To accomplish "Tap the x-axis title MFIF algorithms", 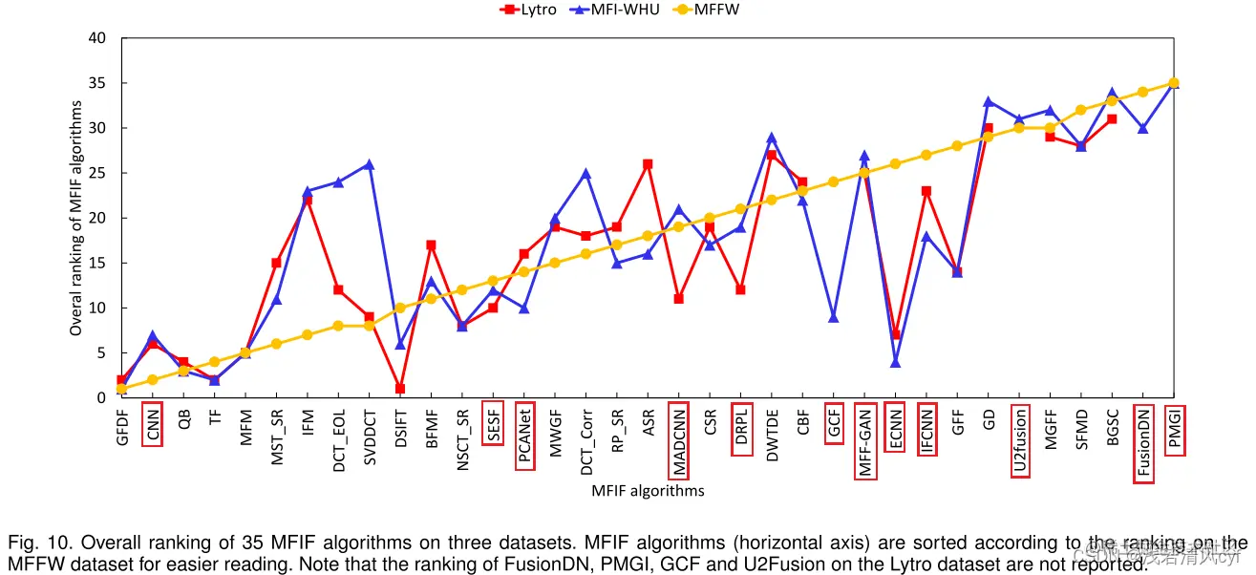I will coord(648,491).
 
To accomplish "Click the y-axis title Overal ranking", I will coord(76,218).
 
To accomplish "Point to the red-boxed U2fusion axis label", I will coord(1020,440).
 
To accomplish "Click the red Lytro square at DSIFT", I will coord(400,389).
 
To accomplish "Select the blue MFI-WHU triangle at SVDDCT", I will coord(370,164).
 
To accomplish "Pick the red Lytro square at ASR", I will coord(648,164).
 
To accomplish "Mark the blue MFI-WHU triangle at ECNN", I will coord(895,362).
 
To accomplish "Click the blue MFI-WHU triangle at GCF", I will coord(833,317).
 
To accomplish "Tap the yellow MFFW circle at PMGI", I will coord(1174,83).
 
